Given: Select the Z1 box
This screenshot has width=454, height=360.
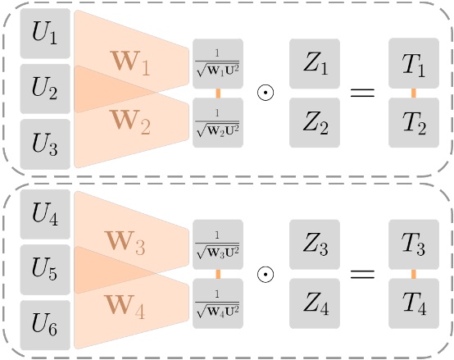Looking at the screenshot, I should [315, 64].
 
